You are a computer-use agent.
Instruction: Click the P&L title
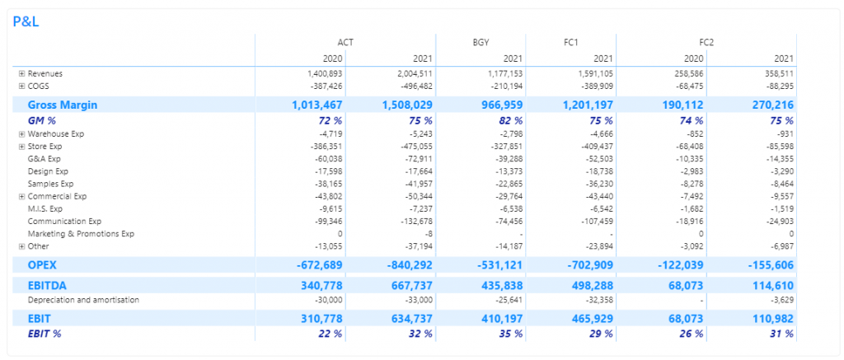tap(26, 21)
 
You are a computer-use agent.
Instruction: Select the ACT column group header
tap(345, 42)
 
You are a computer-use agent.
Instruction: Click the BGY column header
tap(481, 42)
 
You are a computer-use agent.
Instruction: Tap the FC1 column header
tap(571, 42)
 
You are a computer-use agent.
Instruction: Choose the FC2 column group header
tap(706, 42)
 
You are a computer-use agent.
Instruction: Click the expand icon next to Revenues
tap(21, 74)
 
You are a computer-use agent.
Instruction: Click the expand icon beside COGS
tap(21, 86)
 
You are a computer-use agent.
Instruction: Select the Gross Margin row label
tap(63, 105)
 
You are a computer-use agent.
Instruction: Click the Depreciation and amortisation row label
tap(83, 300)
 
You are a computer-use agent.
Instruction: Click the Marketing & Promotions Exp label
tap(81, 234)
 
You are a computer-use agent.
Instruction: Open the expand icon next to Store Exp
tap(21, 147)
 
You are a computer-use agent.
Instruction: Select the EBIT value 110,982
tap(767, 318)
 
